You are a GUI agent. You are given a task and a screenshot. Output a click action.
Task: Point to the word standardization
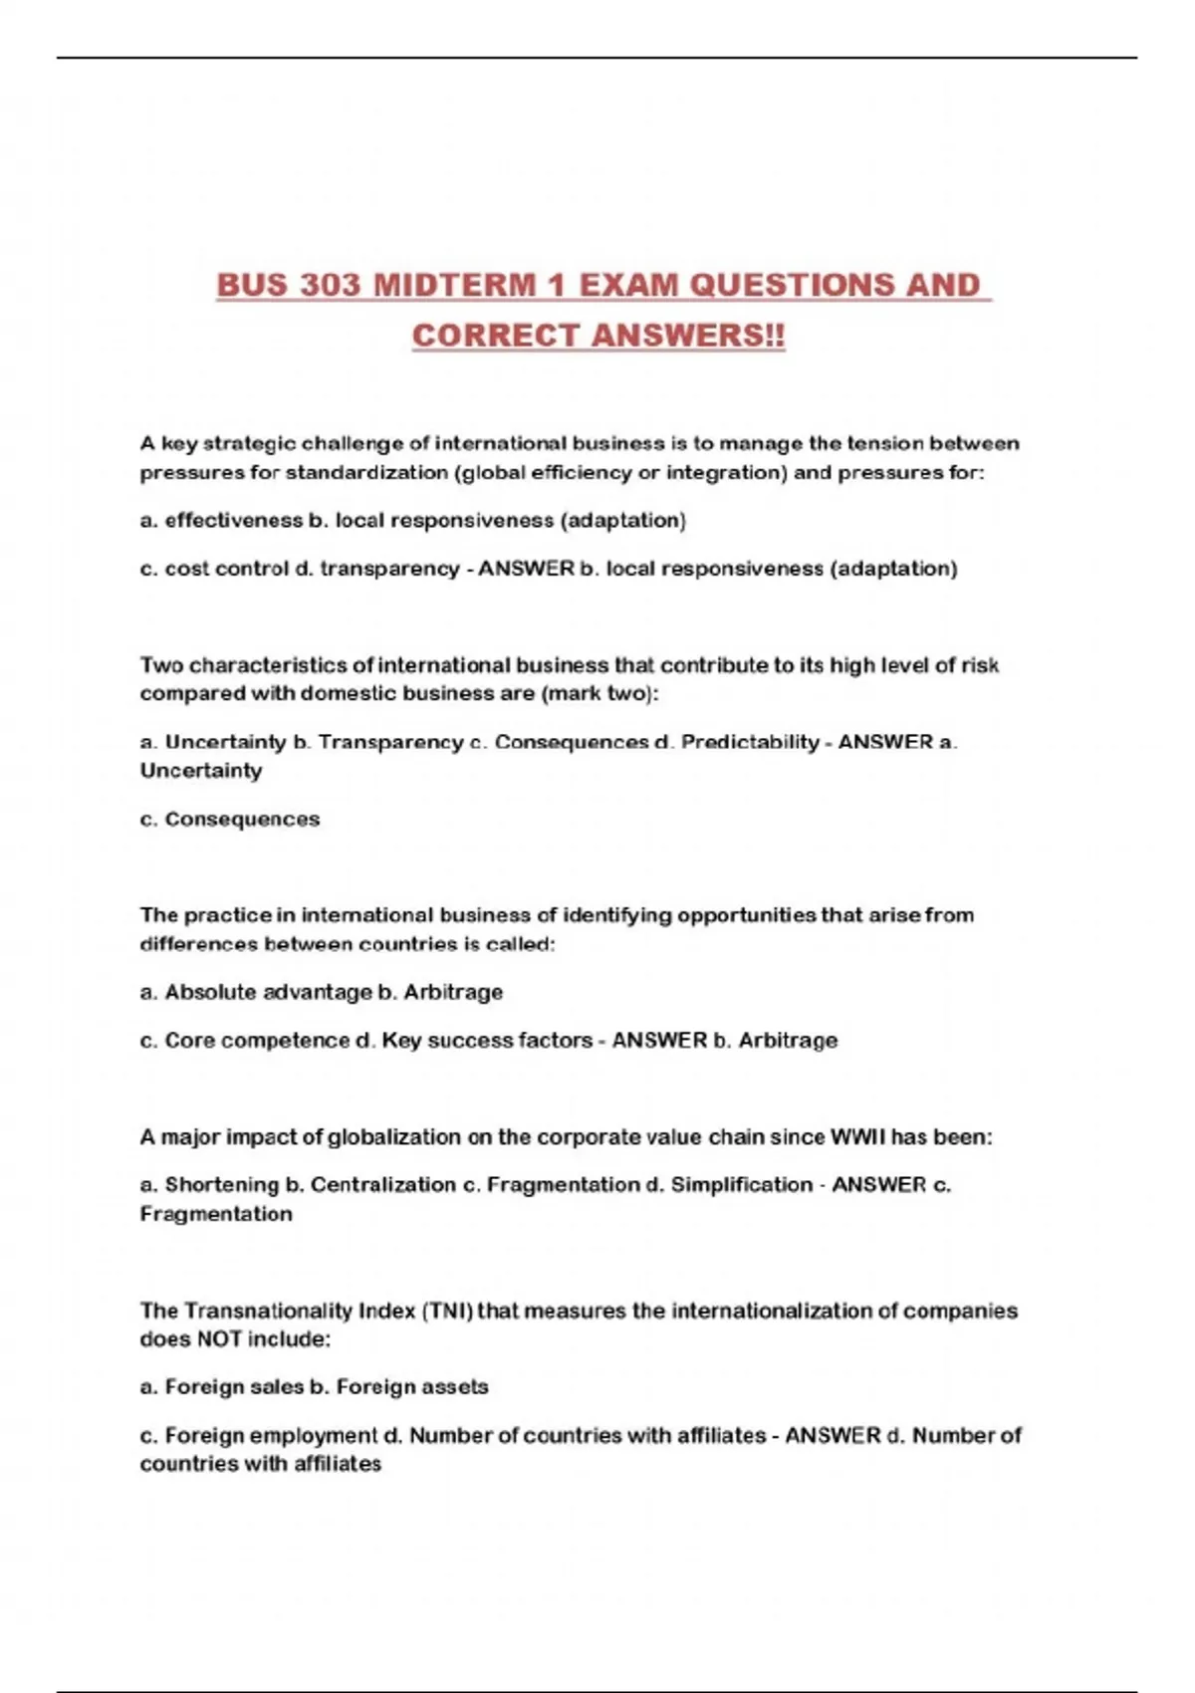[367, 473]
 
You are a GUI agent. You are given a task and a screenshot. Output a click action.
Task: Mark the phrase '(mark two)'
[598, 694]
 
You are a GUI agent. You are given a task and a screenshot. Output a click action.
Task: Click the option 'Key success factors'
[487, 1041]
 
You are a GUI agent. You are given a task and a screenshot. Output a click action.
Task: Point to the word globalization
[393, 1137]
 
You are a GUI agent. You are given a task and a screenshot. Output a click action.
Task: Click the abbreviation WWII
[857, 1137]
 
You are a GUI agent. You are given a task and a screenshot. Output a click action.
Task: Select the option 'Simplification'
[741, 1185]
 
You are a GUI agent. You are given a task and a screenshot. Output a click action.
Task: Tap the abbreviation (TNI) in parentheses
[448, 1312]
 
